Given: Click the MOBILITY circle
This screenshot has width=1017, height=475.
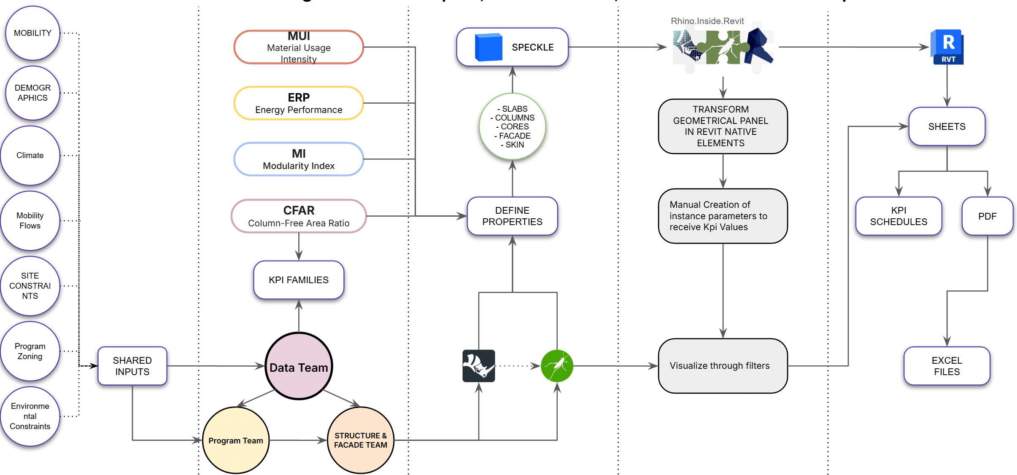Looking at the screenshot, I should coord(32,33).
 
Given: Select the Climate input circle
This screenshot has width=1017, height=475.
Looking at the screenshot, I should coord(30,156).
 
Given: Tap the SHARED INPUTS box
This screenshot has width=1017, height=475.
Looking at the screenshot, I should coord(132,366).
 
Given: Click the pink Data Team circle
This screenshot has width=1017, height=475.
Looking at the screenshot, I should coord(299,366).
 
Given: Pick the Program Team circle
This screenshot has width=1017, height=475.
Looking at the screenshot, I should coord(236,440).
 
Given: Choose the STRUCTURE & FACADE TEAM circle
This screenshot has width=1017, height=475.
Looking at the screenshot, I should coord(360,440).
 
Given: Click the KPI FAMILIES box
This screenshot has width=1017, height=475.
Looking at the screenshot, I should coord(299,280).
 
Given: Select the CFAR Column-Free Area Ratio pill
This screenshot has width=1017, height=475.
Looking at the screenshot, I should coord(299,216).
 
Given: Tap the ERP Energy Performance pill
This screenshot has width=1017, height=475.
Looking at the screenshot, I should coord(299,103).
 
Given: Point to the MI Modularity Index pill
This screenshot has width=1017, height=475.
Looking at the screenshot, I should coord(299,159).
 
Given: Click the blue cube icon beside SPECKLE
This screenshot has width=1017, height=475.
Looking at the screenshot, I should coord(488,47).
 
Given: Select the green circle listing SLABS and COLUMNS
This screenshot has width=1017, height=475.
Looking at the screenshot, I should coord(513,126).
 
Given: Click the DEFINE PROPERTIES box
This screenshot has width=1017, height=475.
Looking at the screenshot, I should coord(512,216).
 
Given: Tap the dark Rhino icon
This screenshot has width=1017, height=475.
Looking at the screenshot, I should coord(478,366).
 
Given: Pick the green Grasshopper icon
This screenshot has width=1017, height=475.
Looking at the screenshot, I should coord(557,366).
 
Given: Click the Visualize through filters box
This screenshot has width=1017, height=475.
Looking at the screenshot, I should coord(723,366).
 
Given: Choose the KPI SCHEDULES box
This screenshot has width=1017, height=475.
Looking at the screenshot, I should coord(898,216).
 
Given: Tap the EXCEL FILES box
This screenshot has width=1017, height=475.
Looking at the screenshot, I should coord(947,366).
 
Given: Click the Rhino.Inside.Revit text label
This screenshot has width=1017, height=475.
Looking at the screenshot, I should coord(707,21).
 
